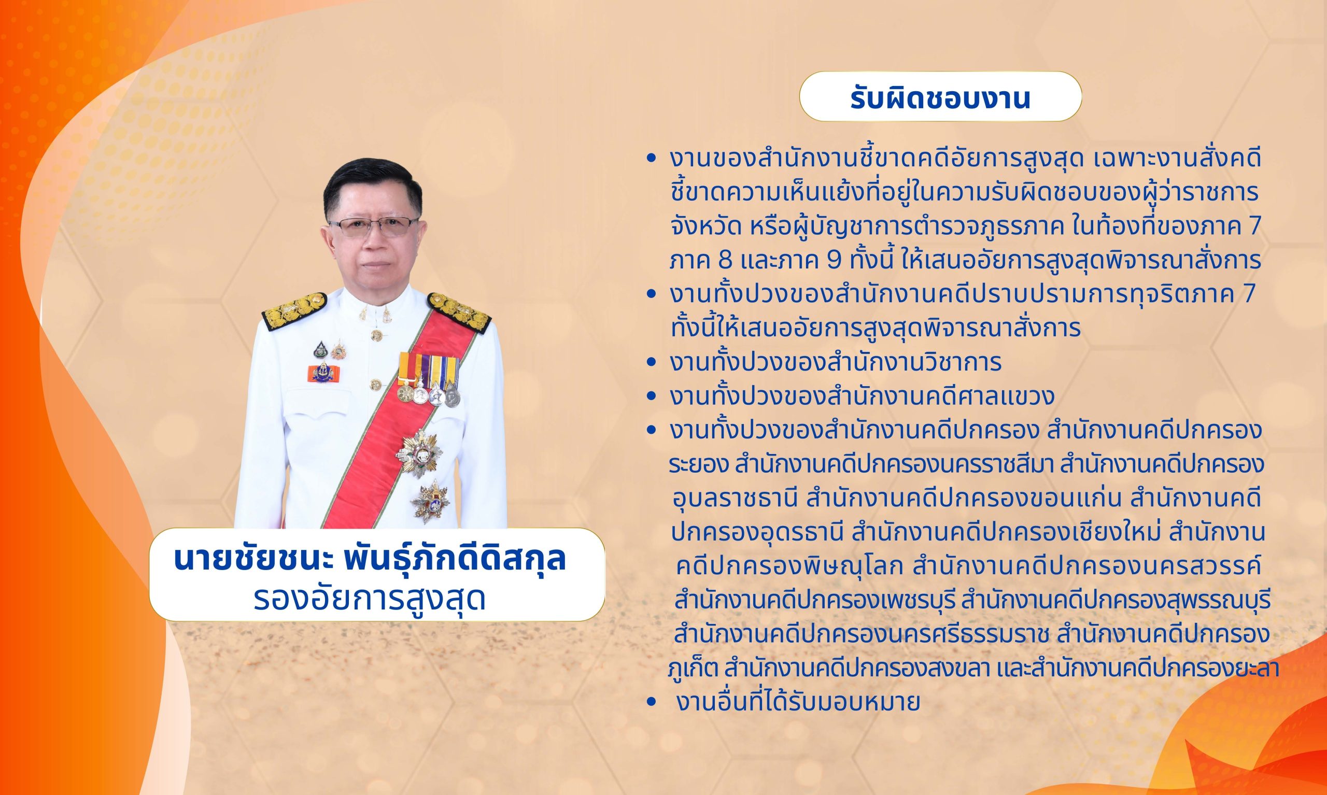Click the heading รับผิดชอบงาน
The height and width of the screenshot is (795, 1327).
click(940, 100)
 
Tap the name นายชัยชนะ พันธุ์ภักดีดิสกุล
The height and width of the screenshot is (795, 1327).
click(370, 560)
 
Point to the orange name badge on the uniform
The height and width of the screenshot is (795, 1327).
click(323, 371)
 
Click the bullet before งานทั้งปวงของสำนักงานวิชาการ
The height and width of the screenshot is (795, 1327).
click(652, 363)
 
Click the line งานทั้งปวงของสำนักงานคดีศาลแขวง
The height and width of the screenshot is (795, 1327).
click(852, 397)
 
